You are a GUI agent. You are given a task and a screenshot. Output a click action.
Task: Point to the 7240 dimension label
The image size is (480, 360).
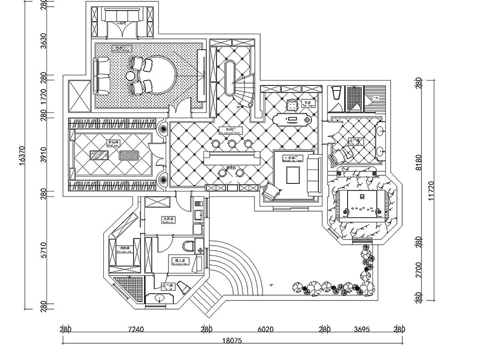[136, 330]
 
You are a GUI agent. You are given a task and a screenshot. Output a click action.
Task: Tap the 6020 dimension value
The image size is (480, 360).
[265, 330]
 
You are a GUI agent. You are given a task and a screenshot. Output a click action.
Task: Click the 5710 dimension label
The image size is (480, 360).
[43, 250]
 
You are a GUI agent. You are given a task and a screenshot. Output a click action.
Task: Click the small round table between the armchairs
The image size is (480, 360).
[131, 75]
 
